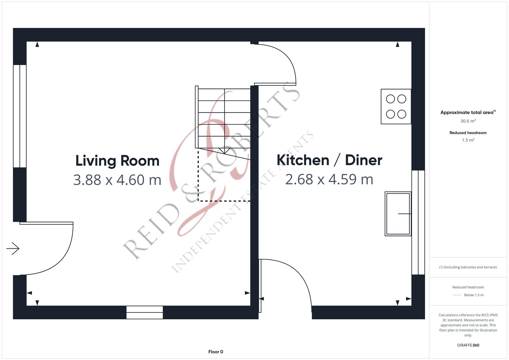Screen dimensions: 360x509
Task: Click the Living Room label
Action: [x=117, y=161]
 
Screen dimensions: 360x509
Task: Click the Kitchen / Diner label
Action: [x=329, y=160]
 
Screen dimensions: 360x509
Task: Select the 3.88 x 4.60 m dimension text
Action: [x=117, y=180]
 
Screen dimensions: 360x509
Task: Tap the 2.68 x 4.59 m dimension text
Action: [x=329, y=179]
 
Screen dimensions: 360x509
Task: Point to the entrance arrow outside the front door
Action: [x=13, y=248]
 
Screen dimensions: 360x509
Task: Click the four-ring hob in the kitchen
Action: [x=396, y=107]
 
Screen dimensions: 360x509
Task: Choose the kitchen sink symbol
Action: [x=398, y=214]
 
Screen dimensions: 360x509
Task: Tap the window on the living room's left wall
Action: [x=20, y=116]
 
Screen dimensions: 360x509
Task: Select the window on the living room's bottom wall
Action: [x=145, y=312]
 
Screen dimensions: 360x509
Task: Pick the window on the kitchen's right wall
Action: [x=418, y=222]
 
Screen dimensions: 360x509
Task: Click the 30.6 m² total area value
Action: [x=468, y=121]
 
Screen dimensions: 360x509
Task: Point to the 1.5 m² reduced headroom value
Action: [x=468, y=140]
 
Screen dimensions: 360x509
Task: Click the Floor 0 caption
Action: [x=216, y=352]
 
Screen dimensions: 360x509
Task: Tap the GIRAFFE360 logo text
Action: [x=468, y=345]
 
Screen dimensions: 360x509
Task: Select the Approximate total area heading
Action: [x=468, y=112]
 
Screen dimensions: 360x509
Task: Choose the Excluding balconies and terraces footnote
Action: [x=468, y=267]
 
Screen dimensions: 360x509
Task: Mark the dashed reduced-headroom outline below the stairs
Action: [x=224, y=201]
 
